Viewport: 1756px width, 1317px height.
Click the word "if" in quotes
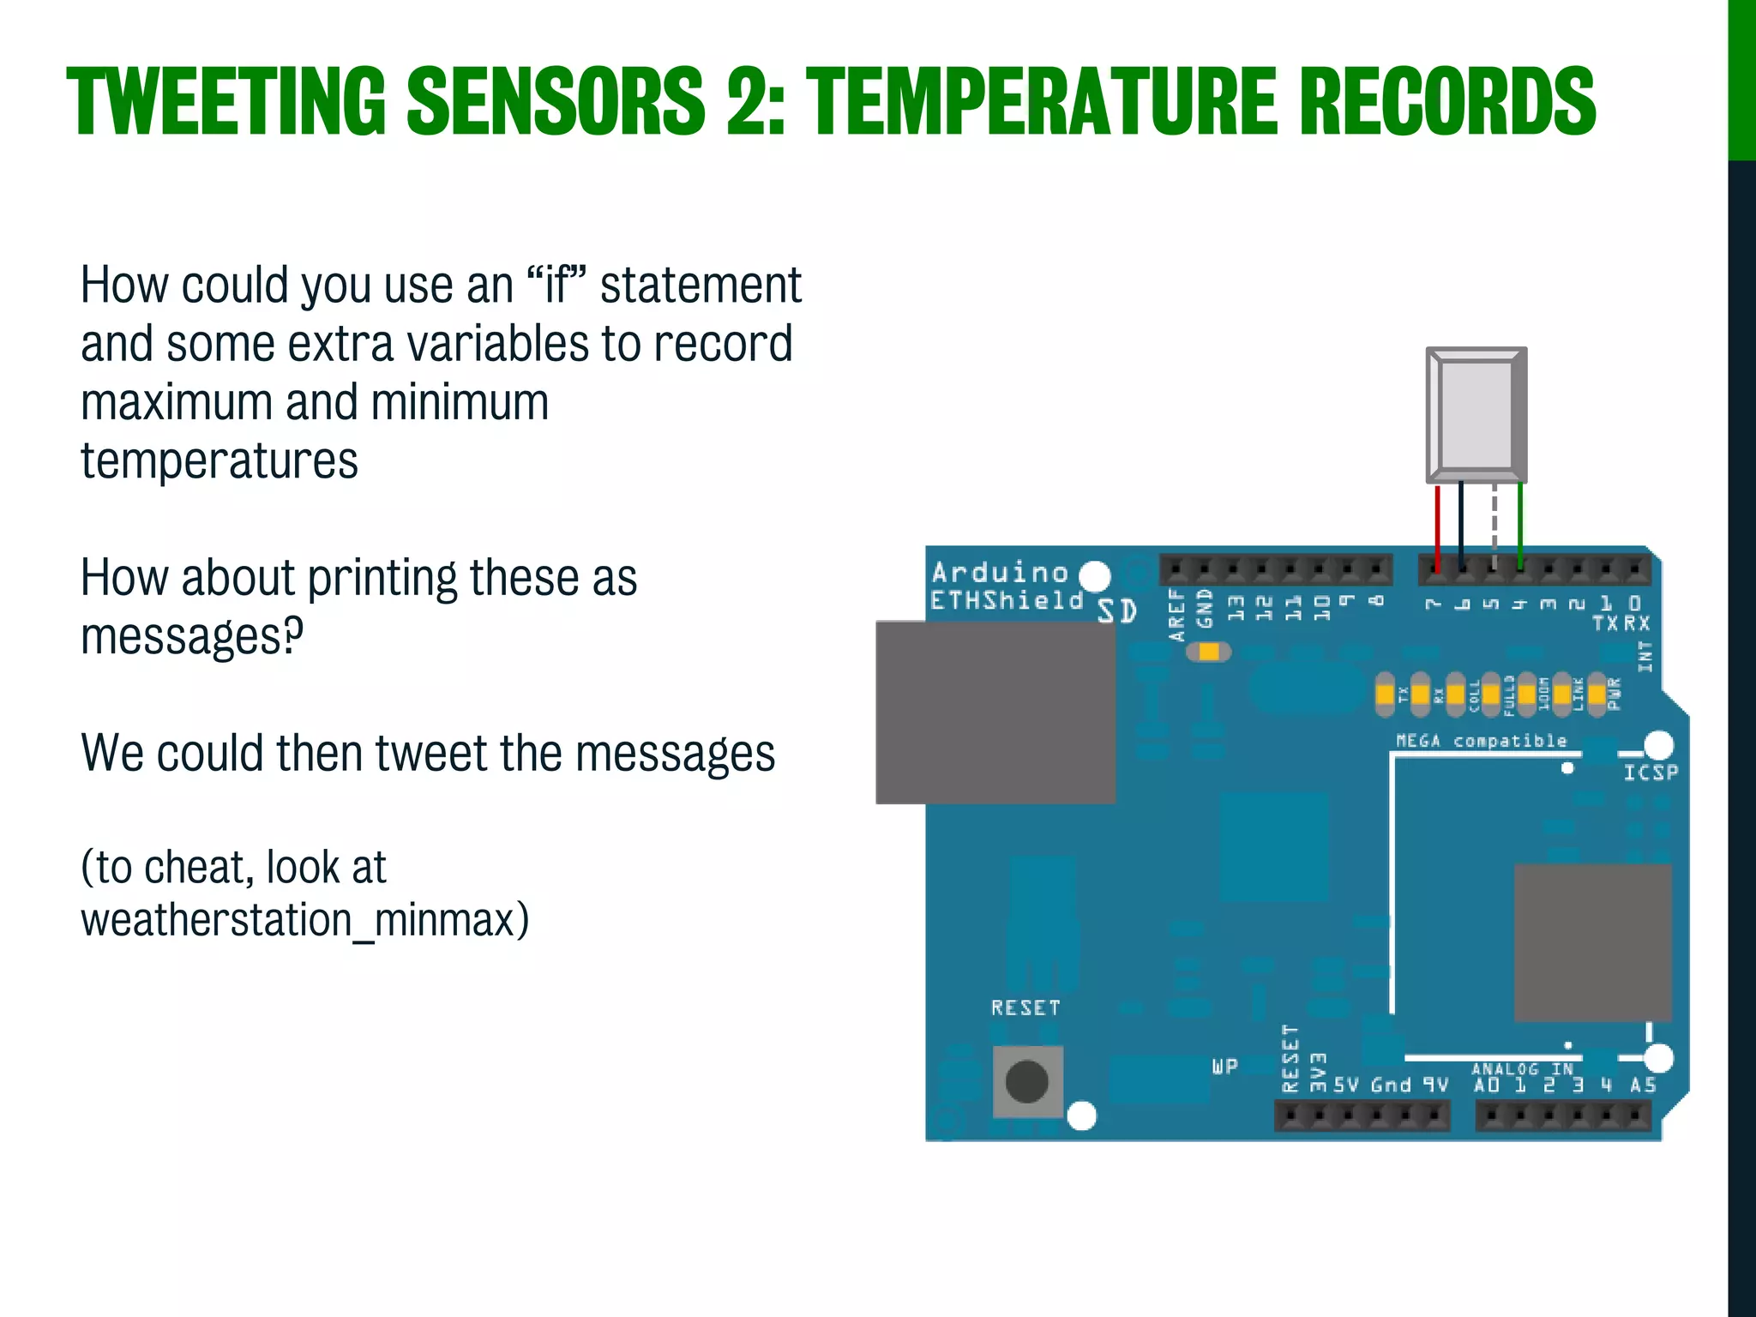tap(558, 286)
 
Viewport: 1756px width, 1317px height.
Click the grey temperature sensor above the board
tap(1476, 415)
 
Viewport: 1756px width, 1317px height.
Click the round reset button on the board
tap(1026, 1081)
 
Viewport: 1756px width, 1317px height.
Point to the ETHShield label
tap(1007, 600)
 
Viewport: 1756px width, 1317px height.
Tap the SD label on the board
tap(1117, 611)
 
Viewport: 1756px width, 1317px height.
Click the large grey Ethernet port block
tap(995, 713)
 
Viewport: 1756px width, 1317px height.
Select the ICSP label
tap(1650, 773)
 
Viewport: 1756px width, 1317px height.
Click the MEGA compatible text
tap(1481, 741)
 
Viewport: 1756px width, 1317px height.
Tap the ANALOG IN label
tap(1522, 1068)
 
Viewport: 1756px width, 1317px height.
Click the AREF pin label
tap(1177, 614)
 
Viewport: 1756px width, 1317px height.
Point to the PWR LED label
tap(1615, 694)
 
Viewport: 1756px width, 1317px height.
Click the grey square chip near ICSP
tap(1592, 942)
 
